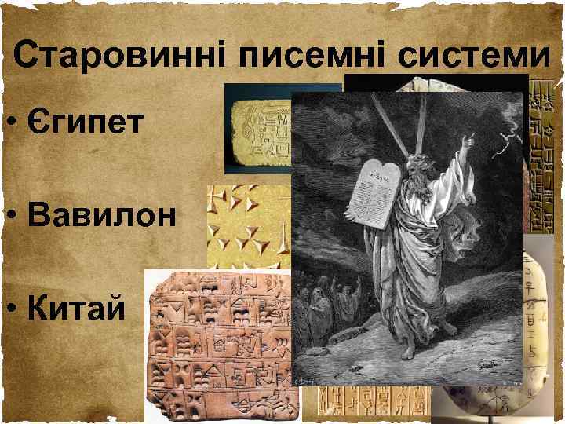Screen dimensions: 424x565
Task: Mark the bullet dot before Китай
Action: (x=9, y=309)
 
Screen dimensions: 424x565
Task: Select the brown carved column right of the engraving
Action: (x=542, y=157)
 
